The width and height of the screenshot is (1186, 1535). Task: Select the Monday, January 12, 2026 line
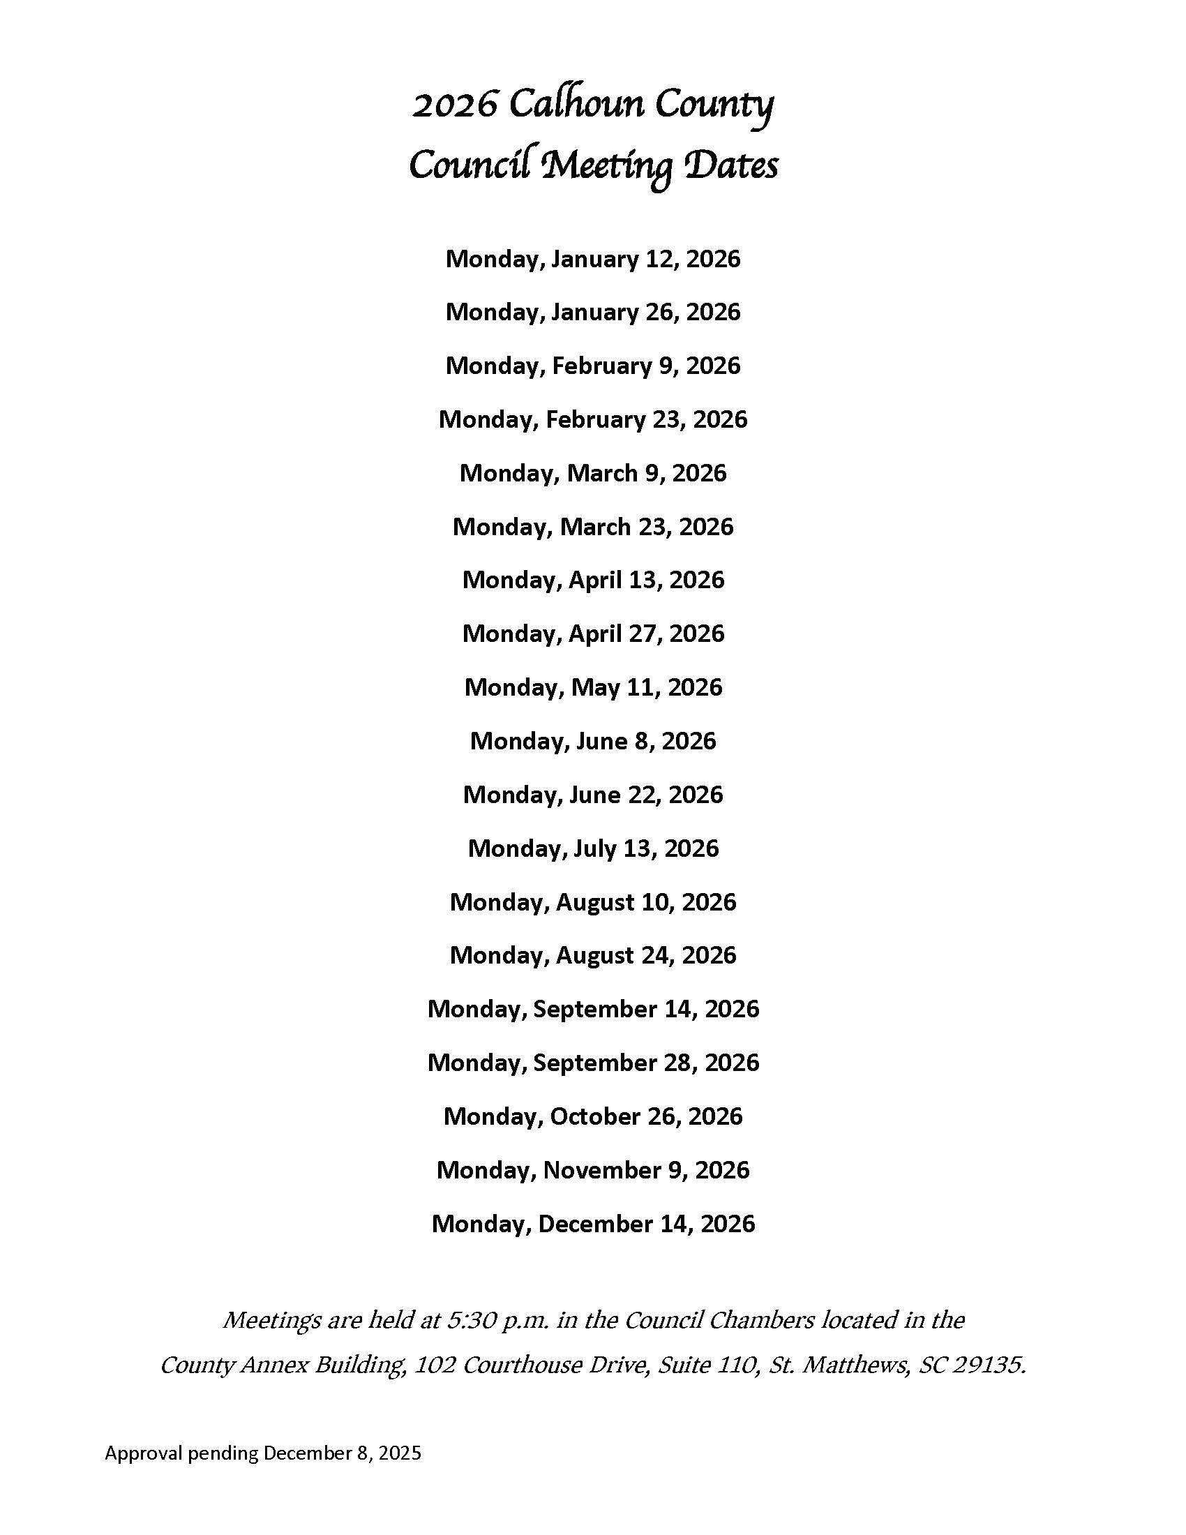tap(593, 259)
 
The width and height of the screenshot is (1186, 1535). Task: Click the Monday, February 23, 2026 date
tap(593, 419)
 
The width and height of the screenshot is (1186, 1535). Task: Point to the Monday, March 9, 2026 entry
tap(593, 473)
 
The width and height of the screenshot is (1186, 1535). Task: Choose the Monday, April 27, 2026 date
tap(593, 634)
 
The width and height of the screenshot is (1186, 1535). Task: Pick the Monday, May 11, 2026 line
tap(593, 687)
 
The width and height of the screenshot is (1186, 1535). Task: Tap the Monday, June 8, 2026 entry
tap(593, 741)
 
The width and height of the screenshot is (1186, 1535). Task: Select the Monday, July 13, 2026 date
tap(593, 848)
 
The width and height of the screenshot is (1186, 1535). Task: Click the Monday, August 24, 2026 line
tap(593, 955)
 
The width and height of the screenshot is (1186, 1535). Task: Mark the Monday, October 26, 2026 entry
tap(593, 1116)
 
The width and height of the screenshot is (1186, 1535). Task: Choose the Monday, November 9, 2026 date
tap(593, 1169)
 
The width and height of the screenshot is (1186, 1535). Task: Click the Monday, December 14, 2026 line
tap(593, 1224)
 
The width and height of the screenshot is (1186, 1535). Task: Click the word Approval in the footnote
tap(143, 1453)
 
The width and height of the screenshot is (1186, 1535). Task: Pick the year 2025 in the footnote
tap(400, 1453)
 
